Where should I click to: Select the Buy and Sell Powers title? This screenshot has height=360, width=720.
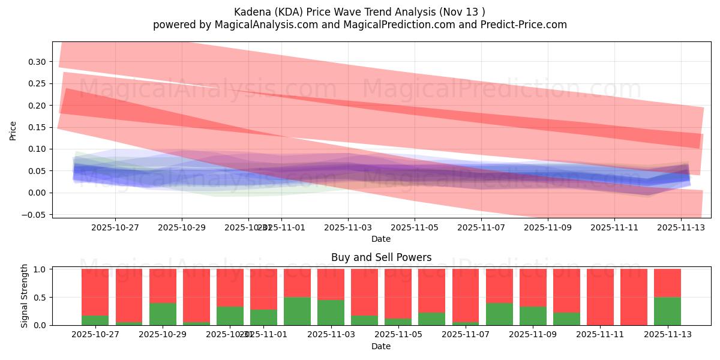pyautogui.click(x=381, y=257)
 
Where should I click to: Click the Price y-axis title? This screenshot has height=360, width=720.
pyautogui.click(x=13, y=130)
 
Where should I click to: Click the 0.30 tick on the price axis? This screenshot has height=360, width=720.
pyautogui.click(x=37, y=62)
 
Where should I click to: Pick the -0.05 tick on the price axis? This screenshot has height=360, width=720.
pyautogui.click(x=35, y=214)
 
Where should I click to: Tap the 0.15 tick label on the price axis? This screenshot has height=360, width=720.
pyautogui.click(x=37, y=127)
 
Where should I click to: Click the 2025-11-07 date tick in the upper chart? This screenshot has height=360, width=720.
pyautogui.click(x=481, y=227)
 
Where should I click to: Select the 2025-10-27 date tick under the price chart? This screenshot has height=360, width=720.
pyautogui.click(x=115, y=227)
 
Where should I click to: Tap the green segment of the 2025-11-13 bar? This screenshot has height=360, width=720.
pyautogui.click(x=667, y=311)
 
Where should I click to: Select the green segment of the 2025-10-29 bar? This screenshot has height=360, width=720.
pyautogui.click(x=163, y=314)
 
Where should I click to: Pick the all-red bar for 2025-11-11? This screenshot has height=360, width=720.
pyautogui.click(x=600, y=297)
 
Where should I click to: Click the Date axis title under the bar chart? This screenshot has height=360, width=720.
pyautogui.click(x=381, y=346)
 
